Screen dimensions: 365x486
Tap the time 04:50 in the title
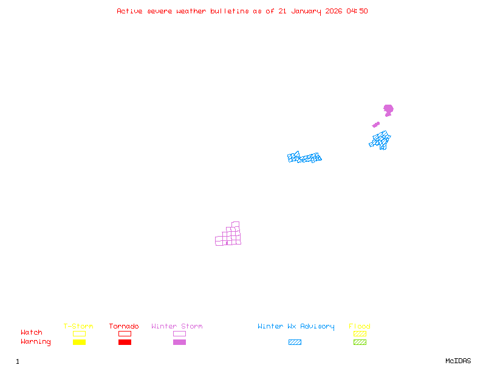[357, 11]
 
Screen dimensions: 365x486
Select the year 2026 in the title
[335, 11]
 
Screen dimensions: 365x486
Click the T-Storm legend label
[78, 327]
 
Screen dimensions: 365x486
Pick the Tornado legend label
[124, 327]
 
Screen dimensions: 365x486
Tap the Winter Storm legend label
[177, 327]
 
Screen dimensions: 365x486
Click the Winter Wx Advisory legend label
[296, 327]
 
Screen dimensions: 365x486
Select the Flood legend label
[360, 327]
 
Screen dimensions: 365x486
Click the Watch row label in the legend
[32, 333]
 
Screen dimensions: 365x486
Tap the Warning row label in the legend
[36, 342]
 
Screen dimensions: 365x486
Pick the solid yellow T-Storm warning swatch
[79, 342]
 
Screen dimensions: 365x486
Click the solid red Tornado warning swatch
[125, 342]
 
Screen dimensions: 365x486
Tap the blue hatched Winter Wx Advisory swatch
[295, 342]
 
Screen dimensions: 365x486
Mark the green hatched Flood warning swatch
[360, 342]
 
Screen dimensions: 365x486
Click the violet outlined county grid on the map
[230, 235]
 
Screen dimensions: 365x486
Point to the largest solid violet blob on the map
[388, 109]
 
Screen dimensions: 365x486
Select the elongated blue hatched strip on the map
[304, 158]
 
